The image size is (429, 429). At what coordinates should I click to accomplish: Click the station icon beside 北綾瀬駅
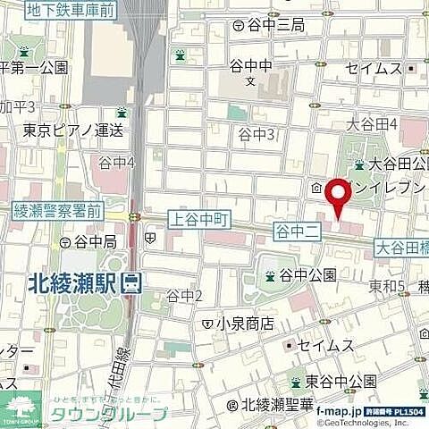click(x=132, y=283)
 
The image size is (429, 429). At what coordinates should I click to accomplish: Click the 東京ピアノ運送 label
click(x=74, y=130)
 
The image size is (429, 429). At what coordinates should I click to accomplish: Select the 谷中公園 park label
click(x=307, y=275)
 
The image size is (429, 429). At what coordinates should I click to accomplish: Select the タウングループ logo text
click(x=107, y=413)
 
